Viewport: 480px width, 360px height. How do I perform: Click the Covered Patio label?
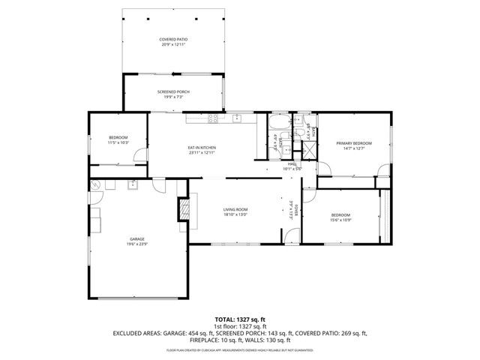[173, 39]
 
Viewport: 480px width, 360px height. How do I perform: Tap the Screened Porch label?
[173, 91]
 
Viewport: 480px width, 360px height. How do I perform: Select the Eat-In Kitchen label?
[202, 147]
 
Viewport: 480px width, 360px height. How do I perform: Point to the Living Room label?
[235, 209]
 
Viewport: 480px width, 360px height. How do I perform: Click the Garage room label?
[136, 238]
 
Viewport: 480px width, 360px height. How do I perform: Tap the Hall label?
[292, 163]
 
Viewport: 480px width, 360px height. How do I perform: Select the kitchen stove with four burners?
[214, 118]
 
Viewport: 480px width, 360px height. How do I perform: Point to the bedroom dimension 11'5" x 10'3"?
[118, 142]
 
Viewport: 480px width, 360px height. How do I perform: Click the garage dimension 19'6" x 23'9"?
[136, 244]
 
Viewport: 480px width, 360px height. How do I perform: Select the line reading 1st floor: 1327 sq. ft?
[239, 327]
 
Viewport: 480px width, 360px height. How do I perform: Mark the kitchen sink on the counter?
[238, 118]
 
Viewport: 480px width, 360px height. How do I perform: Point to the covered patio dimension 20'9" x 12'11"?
[173, 44]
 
